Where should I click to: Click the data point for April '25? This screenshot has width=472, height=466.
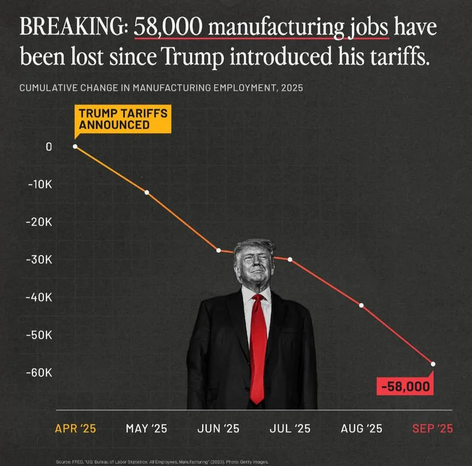tap(75, 147)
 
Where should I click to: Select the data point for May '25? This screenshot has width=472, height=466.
tap(147, 192)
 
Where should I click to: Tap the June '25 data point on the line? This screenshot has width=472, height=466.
tap(219, 250)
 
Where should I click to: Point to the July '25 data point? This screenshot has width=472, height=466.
tap(290, 259)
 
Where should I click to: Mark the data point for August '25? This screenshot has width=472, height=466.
tap(361, 305)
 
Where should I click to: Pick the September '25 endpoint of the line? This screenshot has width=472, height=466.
tap(433, 364)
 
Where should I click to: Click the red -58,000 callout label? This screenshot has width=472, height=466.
tap(405, 387)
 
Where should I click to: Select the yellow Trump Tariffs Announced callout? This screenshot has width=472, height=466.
tap(123, 119)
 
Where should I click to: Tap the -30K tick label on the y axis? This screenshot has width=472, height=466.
tap(40, 260)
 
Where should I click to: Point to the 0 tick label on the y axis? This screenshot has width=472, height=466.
tap(49, 147)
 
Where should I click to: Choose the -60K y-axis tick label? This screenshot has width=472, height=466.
tap(40, 373)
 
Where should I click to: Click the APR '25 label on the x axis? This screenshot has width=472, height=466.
tap(75, 428)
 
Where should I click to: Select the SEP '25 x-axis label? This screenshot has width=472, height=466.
tap(433, 428)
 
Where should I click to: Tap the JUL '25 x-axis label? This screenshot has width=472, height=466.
tap(290, 428)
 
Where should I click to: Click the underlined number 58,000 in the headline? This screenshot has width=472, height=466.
tap(168, 28)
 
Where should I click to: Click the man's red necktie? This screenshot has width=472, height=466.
tap(258, 345)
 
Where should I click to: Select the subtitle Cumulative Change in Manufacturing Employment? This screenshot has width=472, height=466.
tap(161, 88)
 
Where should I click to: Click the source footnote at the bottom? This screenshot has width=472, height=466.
tap(162, 462)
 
